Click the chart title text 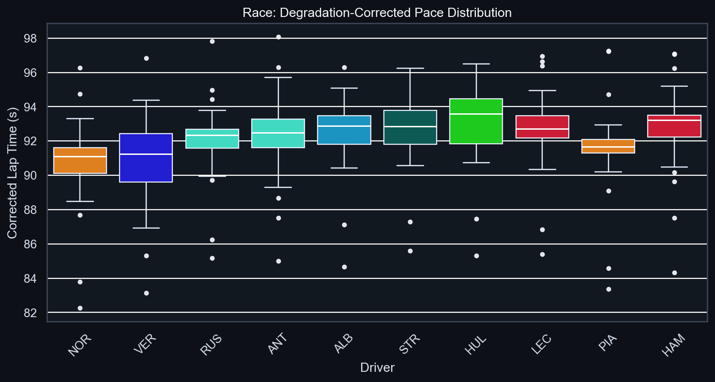(377, 13)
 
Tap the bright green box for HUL (476, 121)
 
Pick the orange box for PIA (609, 146)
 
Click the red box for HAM (674, 126)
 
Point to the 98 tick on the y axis (30, 38)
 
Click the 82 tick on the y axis (30, 313)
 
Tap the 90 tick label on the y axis (30, 175)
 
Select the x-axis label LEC (543, 346)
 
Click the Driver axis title (377, 368)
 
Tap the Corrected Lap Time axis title (13, 172)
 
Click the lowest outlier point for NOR (80, 308)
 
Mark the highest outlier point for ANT (278, 37)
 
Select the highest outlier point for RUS (212, 41)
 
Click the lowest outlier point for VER (146, 293)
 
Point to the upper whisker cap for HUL (476, 64)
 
